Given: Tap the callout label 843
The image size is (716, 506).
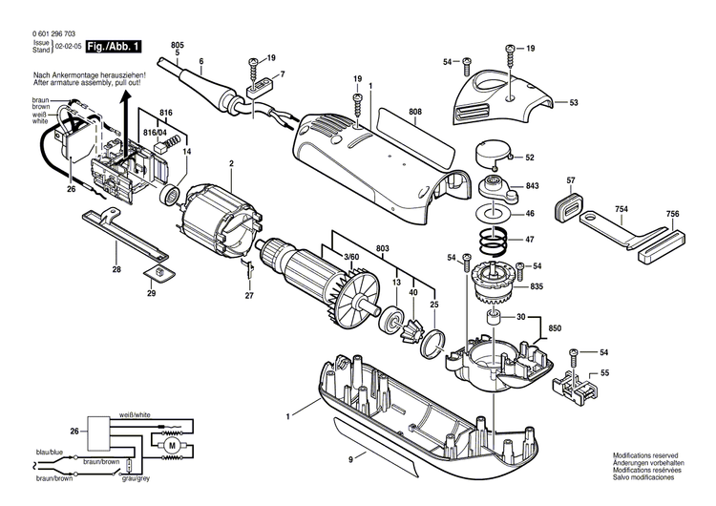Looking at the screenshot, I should tap(531, 187).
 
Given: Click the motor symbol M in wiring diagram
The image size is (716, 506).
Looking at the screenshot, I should tap(172, 444).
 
